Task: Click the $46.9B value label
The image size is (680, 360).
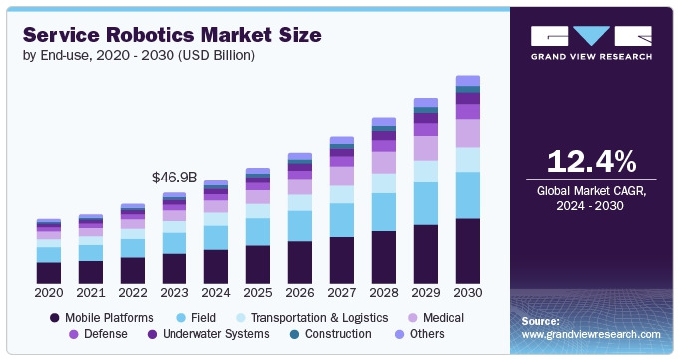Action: coord(174,178)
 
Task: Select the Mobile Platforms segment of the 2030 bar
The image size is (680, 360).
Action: coord(468,251)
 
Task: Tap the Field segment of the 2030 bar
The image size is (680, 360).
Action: coord(468,195)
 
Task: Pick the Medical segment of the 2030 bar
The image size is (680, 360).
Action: coord(468,133)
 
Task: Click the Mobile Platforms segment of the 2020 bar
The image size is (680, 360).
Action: coord(49,273)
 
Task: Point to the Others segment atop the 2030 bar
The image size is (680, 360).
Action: coord(468,81)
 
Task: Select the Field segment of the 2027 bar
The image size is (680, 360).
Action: coord(342,220)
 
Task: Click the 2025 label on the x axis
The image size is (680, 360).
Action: coord(258,293)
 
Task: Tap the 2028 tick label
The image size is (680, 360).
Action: coord(384,293)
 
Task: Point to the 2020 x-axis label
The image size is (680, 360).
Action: coord(49,293)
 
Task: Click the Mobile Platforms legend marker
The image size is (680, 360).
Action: coord(54,318)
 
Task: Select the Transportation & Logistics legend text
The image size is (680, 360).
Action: coord(320,318)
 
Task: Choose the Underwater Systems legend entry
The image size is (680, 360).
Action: coord(208,334)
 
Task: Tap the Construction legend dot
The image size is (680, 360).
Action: coord(295,334)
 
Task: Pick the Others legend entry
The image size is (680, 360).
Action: coord(420,334)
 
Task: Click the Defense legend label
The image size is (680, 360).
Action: coord(106,334)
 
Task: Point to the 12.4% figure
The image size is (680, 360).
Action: coord(591,161)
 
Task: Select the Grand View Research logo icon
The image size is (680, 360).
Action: coord(591,36)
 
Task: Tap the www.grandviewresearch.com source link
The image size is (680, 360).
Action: coord(591,334)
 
